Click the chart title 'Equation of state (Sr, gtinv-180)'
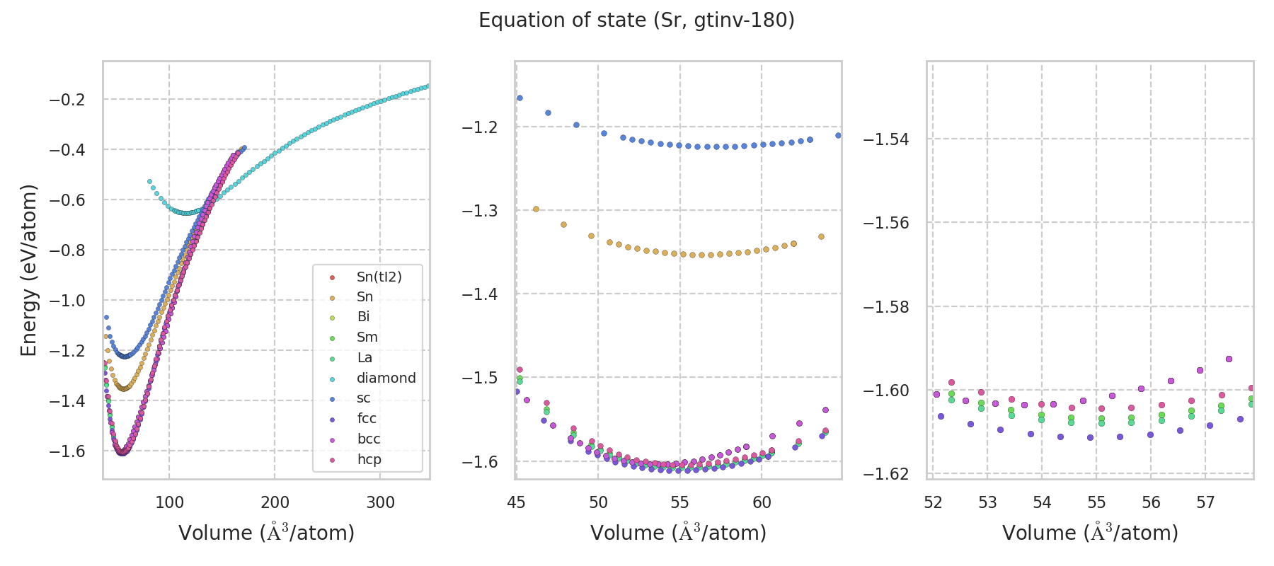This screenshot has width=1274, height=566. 636,21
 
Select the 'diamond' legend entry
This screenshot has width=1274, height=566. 386,378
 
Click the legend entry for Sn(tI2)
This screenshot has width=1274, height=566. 379,277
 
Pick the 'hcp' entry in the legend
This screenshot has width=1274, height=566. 369,459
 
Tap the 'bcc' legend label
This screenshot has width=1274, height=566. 369,439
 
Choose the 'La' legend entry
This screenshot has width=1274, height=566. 365,358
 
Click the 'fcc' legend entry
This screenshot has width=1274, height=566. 367,419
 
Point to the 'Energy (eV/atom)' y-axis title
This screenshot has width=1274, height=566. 28,270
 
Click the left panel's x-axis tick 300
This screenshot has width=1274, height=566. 380,502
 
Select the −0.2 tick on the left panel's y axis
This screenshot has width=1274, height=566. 67,100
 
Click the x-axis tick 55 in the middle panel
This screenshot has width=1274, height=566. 679,502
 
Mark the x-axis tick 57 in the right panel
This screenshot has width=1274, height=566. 1205,502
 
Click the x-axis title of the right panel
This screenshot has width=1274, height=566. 1090,533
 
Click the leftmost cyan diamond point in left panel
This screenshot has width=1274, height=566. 149,182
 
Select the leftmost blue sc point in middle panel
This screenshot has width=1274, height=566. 520,98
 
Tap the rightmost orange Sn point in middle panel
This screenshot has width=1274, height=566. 821,236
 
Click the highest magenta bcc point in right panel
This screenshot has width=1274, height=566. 1229,359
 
